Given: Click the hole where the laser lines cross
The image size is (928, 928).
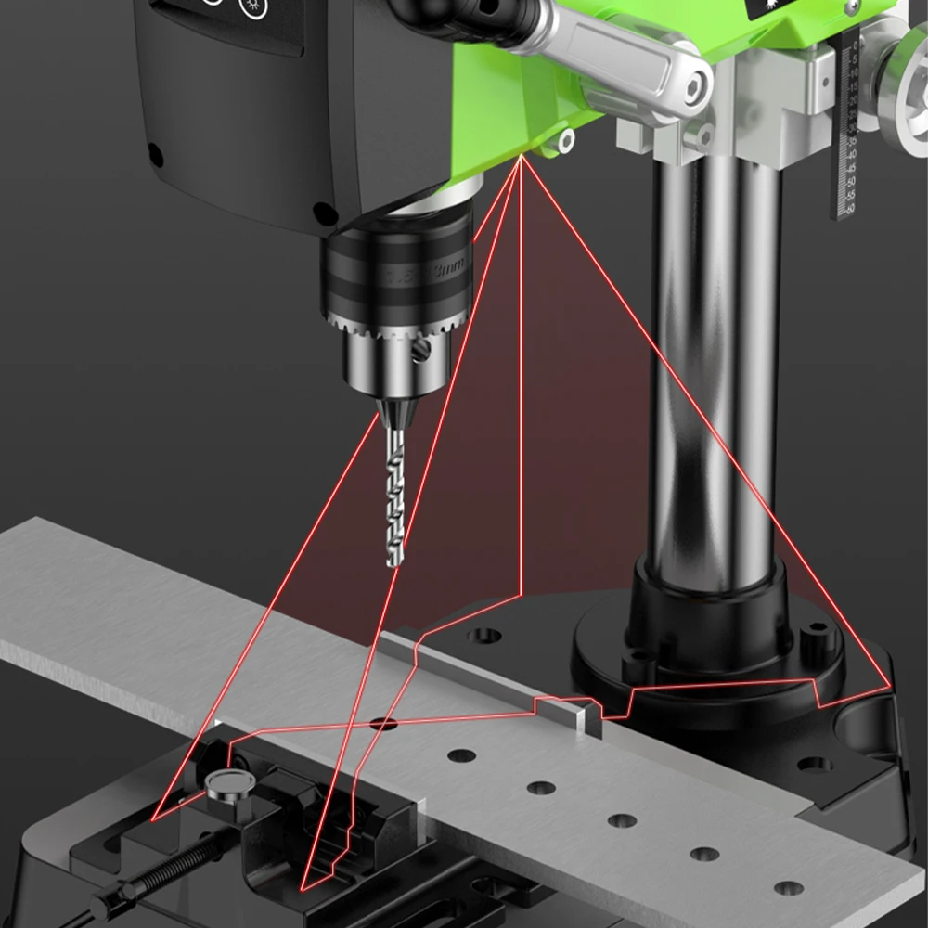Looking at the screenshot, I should click(383, 722).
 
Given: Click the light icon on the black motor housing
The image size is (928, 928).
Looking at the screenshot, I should click(249, 6).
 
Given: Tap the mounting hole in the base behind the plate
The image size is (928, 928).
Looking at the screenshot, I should click(483, 636).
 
